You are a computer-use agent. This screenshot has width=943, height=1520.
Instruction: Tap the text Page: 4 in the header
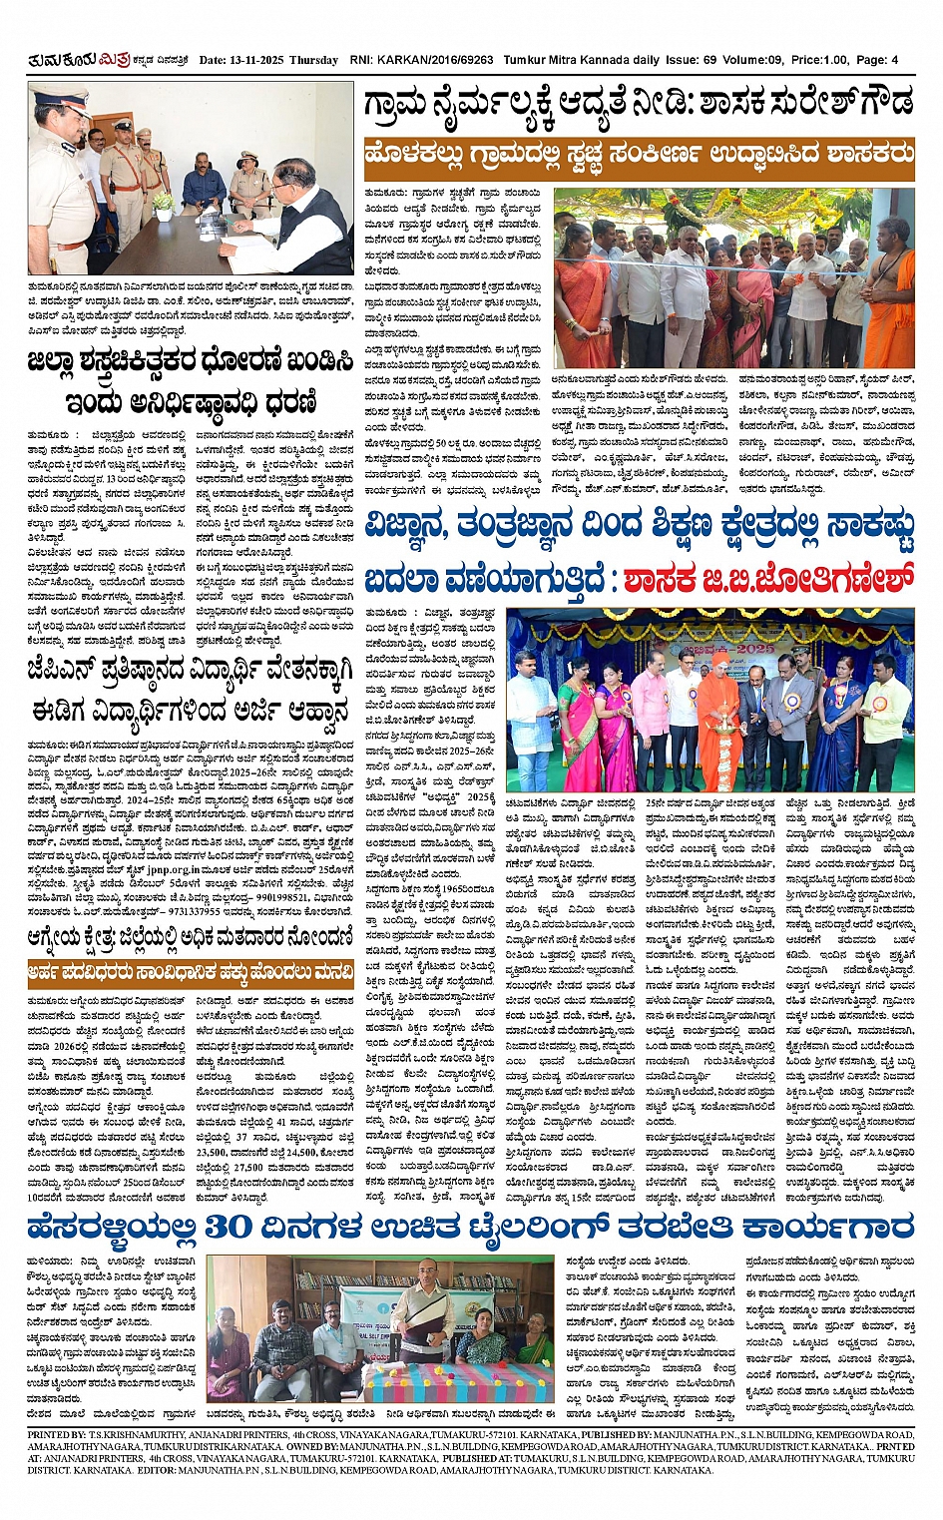click(877, 60)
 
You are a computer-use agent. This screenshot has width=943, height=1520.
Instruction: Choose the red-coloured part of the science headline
click(768, 580)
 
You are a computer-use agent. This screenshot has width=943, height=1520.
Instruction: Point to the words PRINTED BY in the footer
click(58, 1434)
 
